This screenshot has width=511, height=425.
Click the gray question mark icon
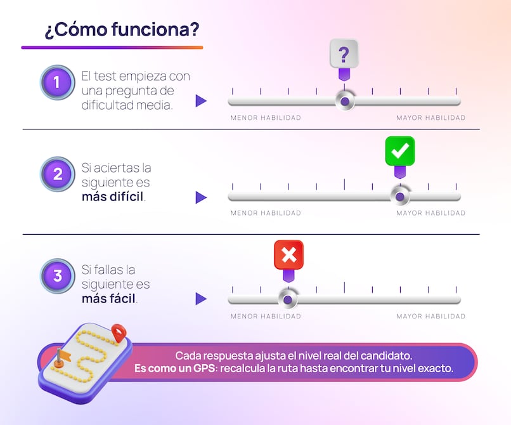[x=344, y=53]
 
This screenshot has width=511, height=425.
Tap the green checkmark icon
[x=400, y=151]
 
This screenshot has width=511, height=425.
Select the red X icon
[x=288, y=255]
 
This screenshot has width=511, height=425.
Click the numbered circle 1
[x=58, y=82]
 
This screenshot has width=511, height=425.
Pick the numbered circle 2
[x=58, y=174]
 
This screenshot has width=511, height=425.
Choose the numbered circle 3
[x=58, y=276]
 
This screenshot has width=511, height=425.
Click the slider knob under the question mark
[x=344, y=101]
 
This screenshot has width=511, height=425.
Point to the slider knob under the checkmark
[x=400, y=197]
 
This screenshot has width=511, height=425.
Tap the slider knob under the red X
[x=288, y=299]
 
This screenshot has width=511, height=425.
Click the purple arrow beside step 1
[x=201, y=101]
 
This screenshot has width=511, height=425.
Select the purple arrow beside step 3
[x=201, y=299]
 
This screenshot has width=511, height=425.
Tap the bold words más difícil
[x=113, y=197]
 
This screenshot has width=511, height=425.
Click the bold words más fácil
[x=108, y=298]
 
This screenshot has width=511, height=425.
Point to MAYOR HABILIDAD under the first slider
[x=430, y=118]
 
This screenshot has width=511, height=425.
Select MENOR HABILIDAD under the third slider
[x=266, y=316]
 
